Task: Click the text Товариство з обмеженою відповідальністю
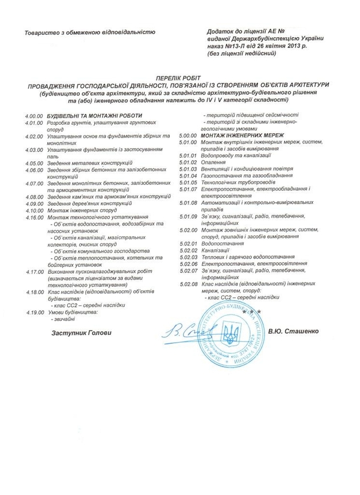coord(90,32)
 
